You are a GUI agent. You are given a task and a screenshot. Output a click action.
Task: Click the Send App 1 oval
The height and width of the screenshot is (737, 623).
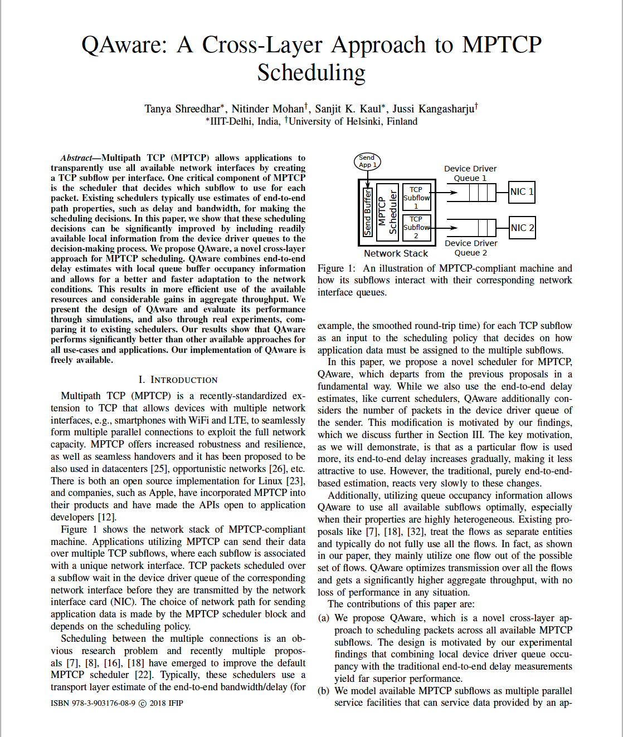[367, 161]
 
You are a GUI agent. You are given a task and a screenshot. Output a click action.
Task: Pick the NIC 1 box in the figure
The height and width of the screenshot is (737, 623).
[522, 192]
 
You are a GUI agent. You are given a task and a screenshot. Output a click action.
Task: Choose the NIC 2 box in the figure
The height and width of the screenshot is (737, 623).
[522, 228]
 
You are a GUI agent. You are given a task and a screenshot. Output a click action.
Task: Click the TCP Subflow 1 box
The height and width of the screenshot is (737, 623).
[416, 197]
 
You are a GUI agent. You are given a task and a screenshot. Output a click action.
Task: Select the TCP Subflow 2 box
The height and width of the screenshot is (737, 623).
[416, 227]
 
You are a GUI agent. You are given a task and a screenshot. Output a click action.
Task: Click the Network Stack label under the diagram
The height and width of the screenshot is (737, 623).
[396, 253]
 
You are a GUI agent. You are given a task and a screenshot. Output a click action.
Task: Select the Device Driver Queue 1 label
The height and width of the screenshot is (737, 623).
[470, 173]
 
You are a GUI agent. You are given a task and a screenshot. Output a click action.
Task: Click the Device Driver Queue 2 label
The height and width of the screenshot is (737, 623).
[471, 248]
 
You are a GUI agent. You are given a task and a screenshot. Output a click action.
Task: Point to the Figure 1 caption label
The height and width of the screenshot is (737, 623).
[336, 268]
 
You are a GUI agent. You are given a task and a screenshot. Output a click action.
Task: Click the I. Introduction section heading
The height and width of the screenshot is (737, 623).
[178, 380]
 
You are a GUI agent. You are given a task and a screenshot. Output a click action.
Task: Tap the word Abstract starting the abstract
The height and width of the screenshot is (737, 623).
[76, 158]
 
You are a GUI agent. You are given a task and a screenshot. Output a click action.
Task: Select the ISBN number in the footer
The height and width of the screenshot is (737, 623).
[93, 703]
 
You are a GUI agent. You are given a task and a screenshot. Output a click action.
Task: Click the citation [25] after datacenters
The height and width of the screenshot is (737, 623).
[159, 469]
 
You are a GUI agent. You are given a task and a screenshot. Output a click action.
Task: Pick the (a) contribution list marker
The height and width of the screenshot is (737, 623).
[323, 618]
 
